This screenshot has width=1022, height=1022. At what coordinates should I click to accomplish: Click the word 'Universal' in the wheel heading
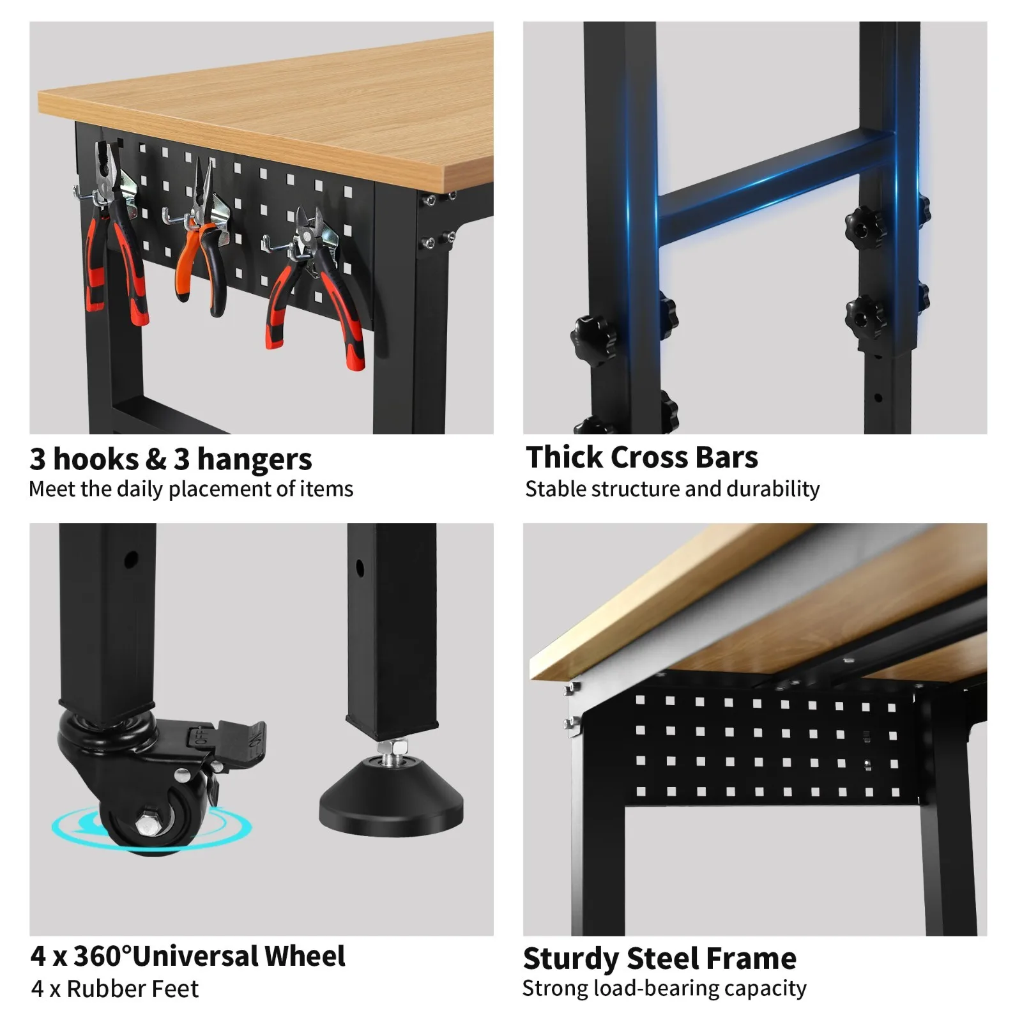(x=195, y=956)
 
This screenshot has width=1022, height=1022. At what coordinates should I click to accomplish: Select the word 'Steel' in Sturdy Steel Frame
(x=660, y=959)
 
